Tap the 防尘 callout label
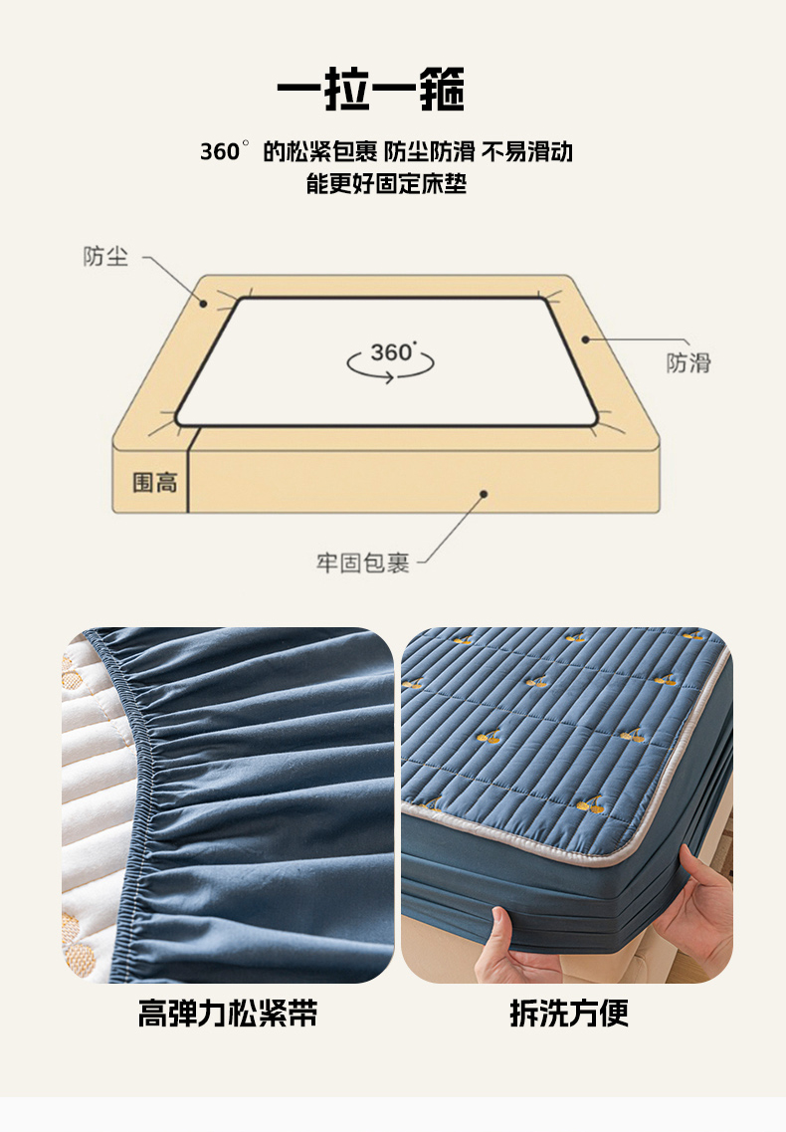click(105, 256)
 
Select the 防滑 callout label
click(688, 362)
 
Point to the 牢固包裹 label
click(362, 564)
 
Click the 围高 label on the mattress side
click(154, 482)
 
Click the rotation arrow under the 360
click(390, 366)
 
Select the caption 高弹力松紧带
click(228, 1013)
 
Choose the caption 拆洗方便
click(569, 1013)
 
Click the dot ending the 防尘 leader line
click(204, 304)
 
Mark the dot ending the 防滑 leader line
click(585, 339)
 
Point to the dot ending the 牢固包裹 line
click(484, 494)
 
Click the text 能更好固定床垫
click(386, 183)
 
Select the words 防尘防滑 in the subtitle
click(430, 151)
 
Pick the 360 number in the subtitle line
click(220, 152)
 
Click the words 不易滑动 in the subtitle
click(527, 151)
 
